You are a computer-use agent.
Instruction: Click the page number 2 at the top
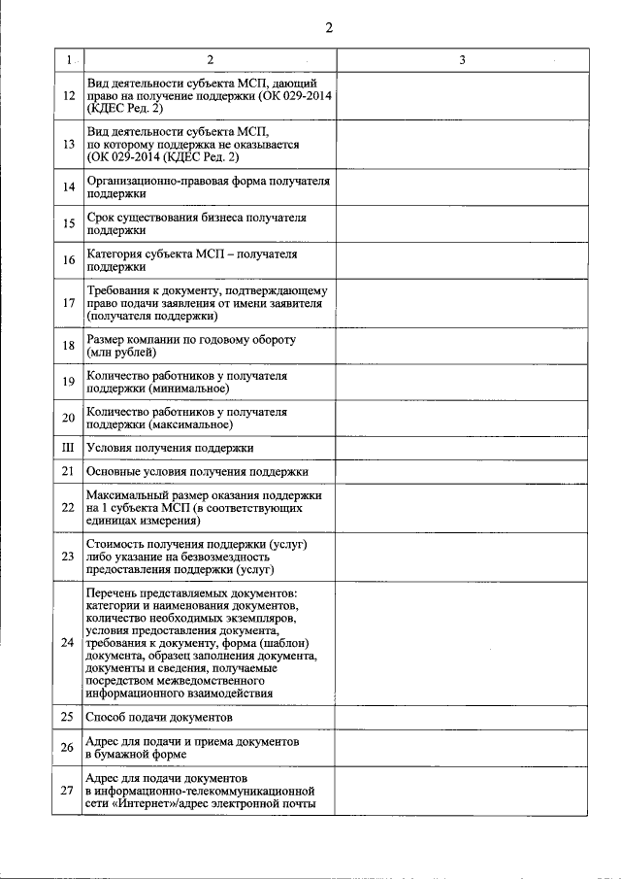[x=329, y=27]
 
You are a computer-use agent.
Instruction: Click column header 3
[x=462, y=61]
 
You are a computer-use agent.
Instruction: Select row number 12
[x=68, y=97]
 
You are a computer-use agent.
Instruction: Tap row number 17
[x=68, y=303]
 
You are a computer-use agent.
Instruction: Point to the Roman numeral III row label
[x=68, y=448]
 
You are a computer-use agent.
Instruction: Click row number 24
[x=68, y=643]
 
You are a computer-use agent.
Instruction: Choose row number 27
[x=68, y=791]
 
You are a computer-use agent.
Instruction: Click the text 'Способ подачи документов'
[x=159, y=718]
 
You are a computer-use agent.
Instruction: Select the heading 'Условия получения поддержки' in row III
[x=170, y=448]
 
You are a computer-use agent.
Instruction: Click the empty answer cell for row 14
[x=462, y=187]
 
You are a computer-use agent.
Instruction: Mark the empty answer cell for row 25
[x=462, y=718]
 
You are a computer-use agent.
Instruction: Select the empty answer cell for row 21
[x=462, y=472]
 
